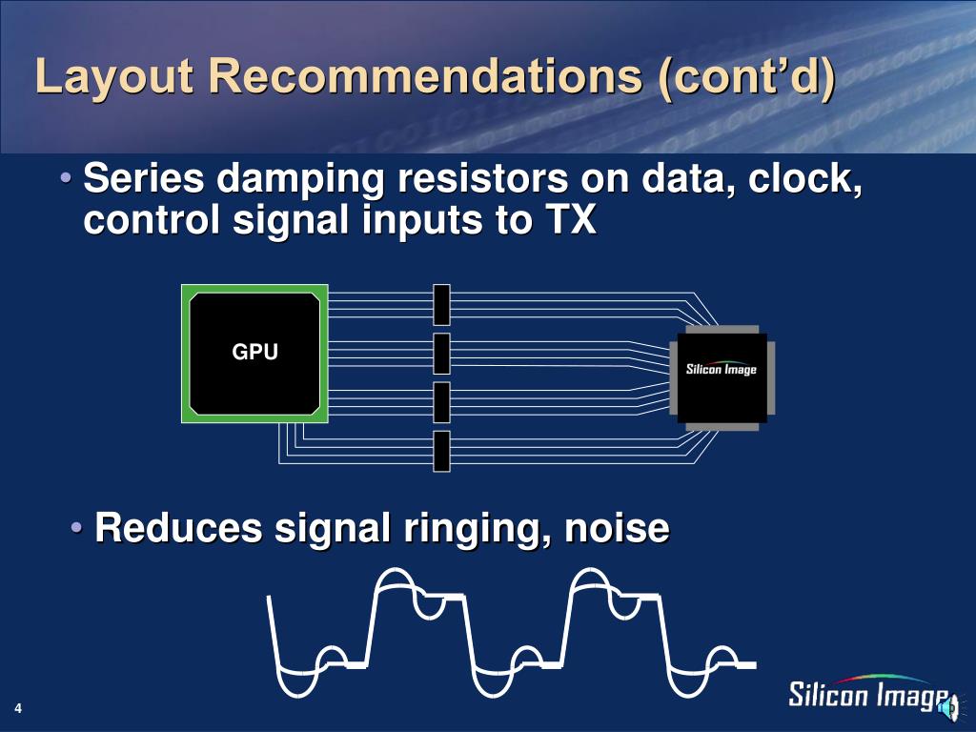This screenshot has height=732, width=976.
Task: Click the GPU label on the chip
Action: point(255,353)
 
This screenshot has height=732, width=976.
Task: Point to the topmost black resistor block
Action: point(441,304)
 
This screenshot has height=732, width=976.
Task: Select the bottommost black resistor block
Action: point(441,451)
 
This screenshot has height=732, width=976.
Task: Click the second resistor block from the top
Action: point(441,353)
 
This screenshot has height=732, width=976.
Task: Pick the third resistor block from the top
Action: point(441,402)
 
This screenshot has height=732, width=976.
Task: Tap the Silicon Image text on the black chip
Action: point(722,369)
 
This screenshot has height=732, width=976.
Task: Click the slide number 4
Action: point(18,708)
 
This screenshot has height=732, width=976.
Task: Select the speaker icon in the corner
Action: point(949,707)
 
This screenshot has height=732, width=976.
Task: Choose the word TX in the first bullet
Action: point(569,221)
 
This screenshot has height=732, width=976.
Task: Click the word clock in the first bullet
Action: point(809,179)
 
